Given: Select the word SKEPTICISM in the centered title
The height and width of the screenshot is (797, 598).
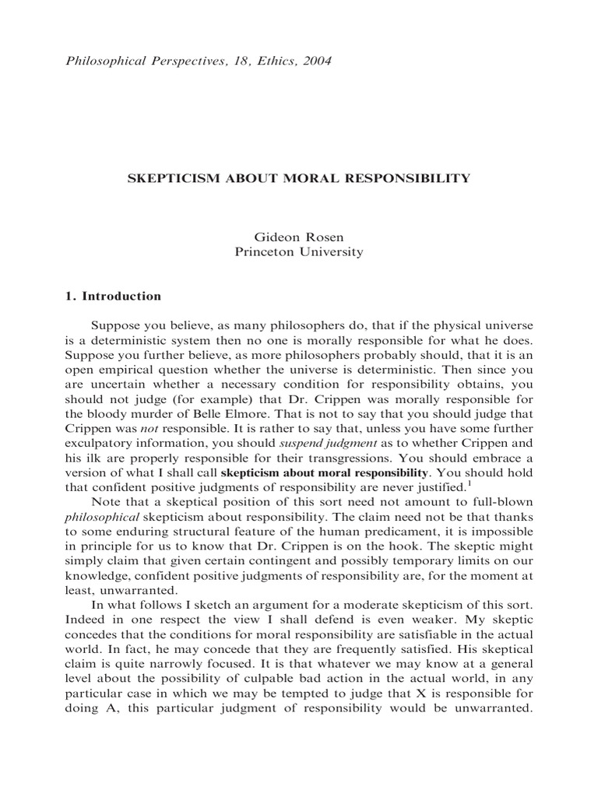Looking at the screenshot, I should click(167, 178).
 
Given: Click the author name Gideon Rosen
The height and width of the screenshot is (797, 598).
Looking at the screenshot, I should click(298, 236).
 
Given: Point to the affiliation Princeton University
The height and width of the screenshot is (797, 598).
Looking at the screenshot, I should click(299, 251).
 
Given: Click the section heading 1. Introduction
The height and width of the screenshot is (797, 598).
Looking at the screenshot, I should click(111, 296).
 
